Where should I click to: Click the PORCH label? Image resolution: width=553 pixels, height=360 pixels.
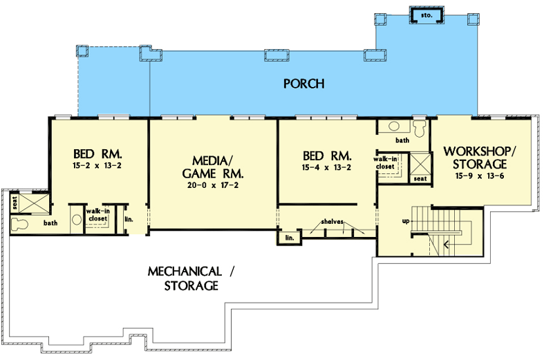point(303,84)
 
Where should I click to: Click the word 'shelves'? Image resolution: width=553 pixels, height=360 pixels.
point(331,222)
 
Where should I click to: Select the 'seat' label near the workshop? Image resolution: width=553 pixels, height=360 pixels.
point(420,178)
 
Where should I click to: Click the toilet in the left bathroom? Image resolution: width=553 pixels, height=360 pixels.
point(19,222)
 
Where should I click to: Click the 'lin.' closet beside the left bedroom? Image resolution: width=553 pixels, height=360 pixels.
point(129,220)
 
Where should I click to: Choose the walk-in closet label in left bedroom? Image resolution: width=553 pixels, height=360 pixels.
point(97,215)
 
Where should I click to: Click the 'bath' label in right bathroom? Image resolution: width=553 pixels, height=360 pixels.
point(402,140)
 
